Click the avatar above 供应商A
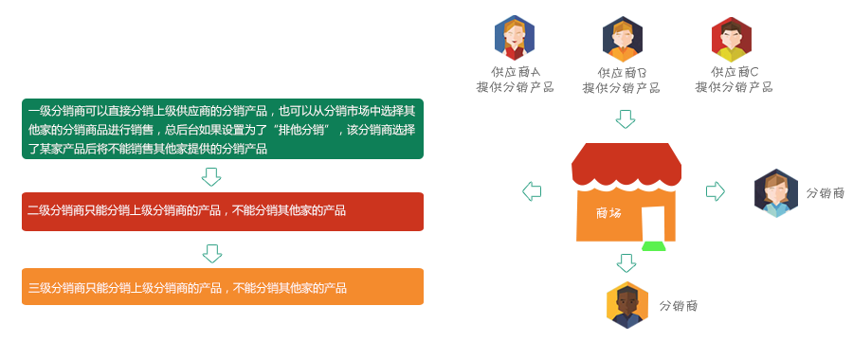tap(514, 38)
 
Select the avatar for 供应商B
tap(623, 39)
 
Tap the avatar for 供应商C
tap(732, 39)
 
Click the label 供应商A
tap(516, 72)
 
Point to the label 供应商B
tap(622, 73)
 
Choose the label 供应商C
tap(734, 72)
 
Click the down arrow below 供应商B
tap(626, 119)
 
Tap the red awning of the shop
tap(626, 166)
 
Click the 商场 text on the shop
tap(608, 213)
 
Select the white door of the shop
tap(653, 224)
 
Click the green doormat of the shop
tap(654, 246)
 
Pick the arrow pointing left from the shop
tap(532, 190)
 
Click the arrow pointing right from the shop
tap(716, 190)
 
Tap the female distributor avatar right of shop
tap(775, 193)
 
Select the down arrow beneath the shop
tap(626, 263)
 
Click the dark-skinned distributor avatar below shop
tap(627, 305)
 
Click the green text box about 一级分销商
tap(223, 129)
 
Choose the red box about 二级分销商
tap(223, 211)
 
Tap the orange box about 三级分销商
tap(223, 287)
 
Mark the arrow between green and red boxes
tap(211, 177)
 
